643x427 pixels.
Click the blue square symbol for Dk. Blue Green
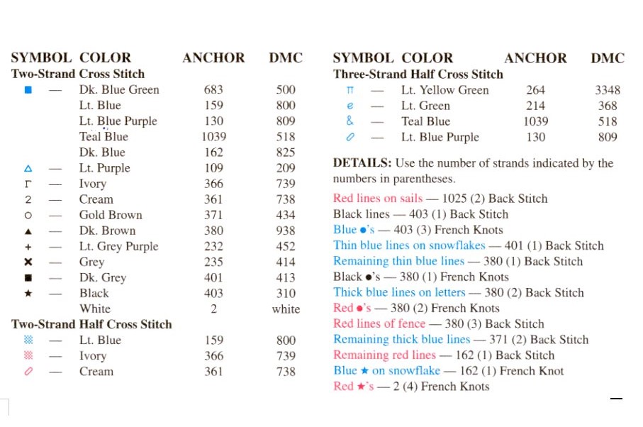point(28,90)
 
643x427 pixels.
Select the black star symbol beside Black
point(28,293)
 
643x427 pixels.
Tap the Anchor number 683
point(213,90)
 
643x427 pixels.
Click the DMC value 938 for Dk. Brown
point(286,231)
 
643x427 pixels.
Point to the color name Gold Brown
point(111,215)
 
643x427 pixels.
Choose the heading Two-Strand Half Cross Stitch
point(91,324)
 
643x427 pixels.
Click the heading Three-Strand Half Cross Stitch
point(418,74)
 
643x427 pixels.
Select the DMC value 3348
point(608,90)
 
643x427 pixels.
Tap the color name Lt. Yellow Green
point(444,90)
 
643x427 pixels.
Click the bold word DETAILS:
point(362,163)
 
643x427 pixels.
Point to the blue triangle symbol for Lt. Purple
point(28,168)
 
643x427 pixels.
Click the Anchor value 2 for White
point(213,309)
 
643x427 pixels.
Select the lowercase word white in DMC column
point(286,309)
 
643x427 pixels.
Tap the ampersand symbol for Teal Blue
point(350,121)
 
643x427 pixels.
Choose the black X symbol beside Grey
point(28,262)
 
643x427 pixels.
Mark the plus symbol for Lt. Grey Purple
point(28,246)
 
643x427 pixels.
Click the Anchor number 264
point(536,90)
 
